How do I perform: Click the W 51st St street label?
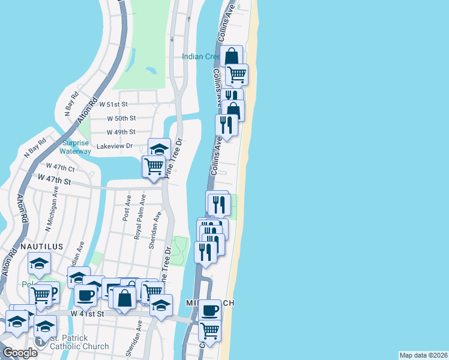[116, 104]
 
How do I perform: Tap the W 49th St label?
[121, 132]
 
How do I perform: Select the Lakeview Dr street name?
[114, 146]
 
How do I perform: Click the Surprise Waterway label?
[76, 147]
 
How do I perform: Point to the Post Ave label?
[127, 207]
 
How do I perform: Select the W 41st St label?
[87, 313]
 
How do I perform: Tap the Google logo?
[20, 353]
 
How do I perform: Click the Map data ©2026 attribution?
[423, 355]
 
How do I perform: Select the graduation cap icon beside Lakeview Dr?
[159, 148]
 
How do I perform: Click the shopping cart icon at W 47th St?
[154, 166]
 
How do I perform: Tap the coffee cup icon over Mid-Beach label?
[209, 310]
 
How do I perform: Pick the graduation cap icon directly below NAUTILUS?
[40, 263]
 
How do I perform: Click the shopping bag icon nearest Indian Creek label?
[231, 56]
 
